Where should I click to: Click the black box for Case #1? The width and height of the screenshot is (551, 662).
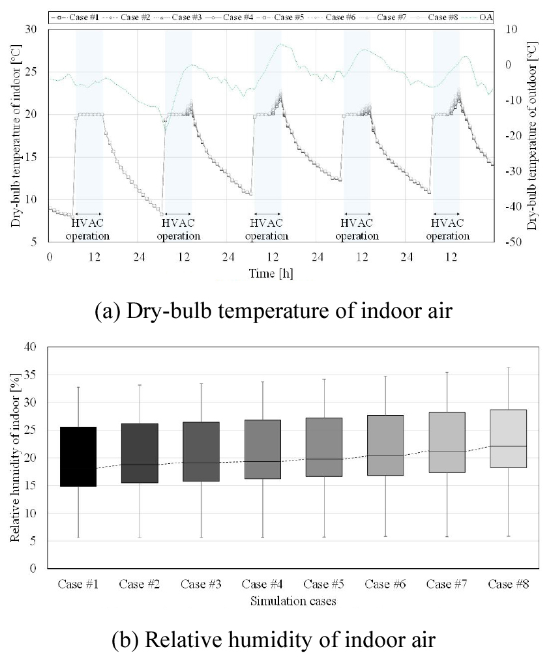coord(78,456)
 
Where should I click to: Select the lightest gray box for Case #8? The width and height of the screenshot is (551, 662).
coord(509,439)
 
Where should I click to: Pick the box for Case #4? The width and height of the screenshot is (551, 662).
coord(262,449)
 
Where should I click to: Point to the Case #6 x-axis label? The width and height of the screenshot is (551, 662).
coord(385,584)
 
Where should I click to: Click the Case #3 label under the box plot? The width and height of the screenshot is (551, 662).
coord(201,584)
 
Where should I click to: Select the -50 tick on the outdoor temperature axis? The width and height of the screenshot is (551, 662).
coord(513,242)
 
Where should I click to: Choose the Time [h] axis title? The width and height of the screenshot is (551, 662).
coord(271,274)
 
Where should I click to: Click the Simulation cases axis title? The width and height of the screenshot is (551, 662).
coord(293,601)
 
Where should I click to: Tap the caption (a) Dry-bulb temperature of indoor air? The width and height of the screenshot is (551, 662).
coord(273,311)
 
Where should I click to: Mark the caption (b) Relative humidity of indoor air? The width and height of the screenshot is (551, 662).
coord(273,640)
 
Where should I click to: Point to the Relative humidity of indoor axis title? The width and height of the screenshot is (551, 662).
coord(15,457)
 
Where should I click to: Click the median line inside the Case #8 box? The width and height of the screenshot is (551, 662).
coord(509,446)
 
